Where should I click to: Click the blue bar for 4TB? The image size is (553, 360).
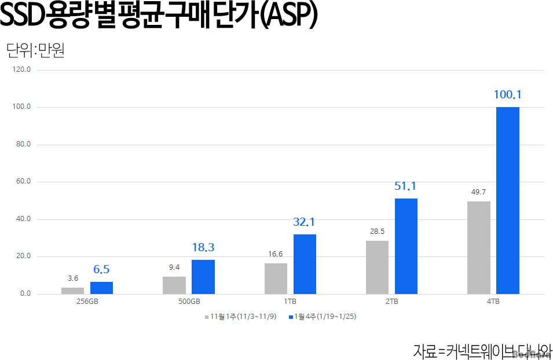tap(507, 200)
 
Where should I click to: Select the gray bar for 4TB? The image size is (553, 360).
tap(478, 248)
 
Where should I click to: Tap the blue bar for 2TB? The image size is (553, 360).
tap(406, 246)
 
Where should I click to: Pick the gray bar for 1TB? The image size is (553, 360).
tap(276, 278)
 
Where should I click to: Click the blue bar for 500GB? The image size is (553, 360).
tap(203, 277)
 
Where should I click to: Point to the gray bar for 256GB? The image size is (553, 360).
tap(72, 291)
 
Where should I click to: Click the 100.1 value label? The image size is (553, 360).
tap(508, 94)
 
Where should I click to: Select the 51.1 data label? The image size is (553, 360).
tap(405, 186)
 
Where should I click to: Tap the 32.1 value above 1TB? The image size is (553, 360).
tap(304, 222)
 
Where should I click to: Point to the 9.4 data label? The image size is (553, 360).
tap(174, 267)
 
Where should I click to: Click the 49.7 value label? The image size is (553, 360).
tap(478, 192)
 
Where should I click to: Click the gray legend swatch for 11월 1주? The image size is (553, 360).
tap(206, 317)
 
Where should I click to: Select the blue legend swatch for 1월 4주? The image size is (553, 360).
tap(291, 317)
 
